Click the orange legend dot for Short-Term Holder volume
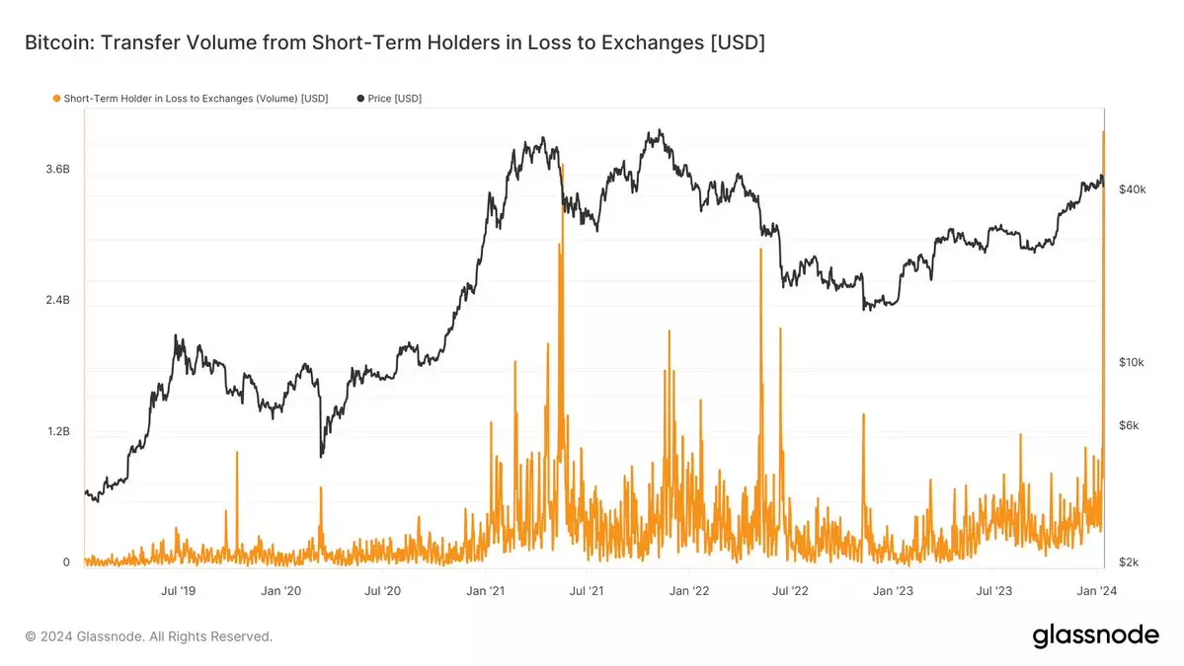[56, 99]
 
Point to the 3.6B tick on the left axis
[57, 170]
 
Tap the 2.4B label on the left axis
[57, 300]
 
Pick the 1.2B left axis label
[57, 432]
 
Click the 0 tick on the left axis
[66, 562]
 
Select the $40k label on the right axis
[1131, 189]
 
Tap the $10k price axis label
[1131, 363]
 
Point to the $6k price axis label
[1129, 426]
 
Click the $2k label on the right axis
[1129, 562]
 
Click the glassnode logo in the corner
[1095, 635]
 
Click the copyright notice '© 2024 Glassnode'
[148, 636]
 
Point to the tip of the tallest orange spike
[1103, 131]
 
